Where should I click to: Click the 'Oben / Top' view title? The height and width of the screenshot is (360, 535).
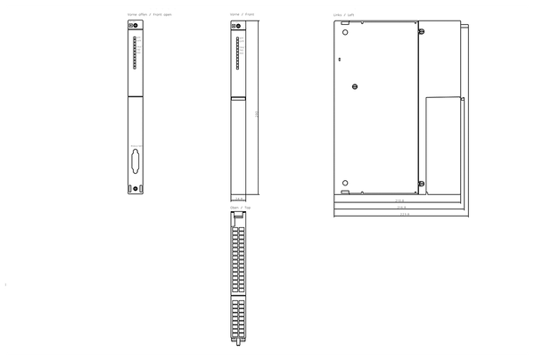coord(239,207)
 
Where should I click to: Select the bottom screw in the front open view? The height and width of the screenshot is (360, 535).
coord(131,188)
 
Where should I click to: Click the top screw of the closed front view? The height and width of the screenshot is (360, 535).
coord(234,27)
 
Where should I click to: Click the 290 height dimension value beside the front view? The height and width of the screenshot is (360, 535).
coord(257,113)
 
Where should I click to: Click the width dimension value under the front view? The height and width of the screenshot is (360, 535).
coord(237,199)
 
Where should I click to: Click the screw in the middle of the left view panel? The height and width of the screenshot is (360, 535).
coord(356,86)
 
